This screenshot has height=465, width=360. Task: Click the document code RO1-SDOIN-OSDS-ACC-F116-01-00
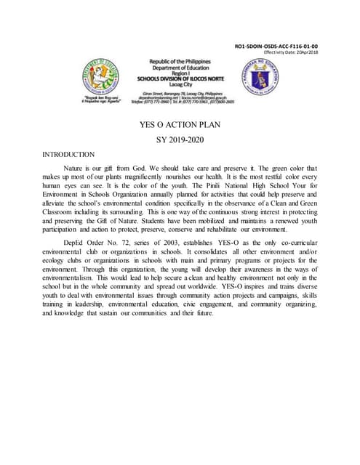[x=281, y=46]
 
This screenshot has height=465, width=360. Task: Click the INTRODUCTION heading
[x=68, y=154]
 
